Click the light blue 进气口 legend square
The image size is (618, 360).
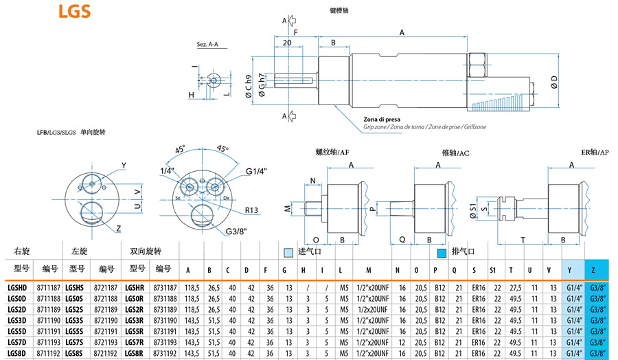[x=288, y=252]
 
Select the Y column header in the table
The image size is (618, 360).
[x=573, y=269]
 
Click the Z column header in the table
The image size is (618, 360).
[x=595, y=269]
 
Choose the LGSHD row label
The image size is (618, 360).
[x=16, y=286]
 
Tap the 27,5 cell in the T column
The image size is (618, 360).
[x=512, y=287]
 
